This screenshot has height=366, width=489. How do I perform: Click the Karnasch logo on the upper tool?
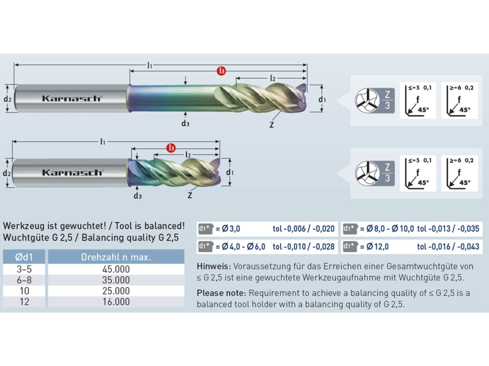pyautogui.click(x=72, y=98)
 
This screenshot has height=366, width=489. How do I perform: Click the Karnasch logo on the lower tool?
pyautogui.click(x=72, y=172)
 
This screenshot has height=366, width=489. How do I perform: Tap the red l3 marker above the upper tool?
pyautogui.click(x=221, y=71)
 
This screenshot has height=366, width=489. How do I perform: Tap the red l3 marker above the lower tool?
pyautogui.click(x=171, y=148)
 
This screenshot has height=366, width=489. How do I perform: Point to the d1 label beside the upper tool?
pyautogui.click(x=322, y=99)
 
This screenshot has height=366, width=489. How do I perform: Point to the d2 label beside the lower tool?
pyautogui.click(x=7, y=173)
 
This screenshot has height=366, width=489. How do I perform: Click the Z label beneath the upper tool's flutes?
pyautogui.click(x=271, y=125)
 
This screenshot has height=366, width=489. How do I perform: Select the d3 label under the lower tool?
pyautogui.click(x=138, y=195)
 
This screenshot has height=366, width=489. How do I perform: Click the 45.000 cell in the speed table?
pyautogui.click(x=116, y=269)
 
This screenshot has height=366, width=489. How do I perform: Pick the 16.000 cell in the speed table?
pyautogui.click(x=116, y=302)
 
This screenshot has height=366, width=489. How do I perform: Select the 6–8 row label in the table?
pyautogui.click(x=25, y=280)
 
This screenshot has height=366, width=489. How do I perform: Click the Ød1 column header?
pyautogui.click(x=25, y=257)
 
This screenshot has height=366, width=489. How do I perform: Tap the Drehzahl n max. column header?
pyautogui.click(x=116, y=257)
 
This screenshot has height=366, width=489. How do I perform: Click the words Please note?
pyautogui.click(x=221, y=293)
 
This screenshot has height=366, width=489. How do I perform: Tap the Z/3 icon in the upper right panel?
pyautogui.click(x=387, y=101)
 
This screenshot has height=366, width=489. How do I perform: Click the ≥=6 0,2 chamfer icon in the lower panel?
pyautogui.click(x=458, y=173)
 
